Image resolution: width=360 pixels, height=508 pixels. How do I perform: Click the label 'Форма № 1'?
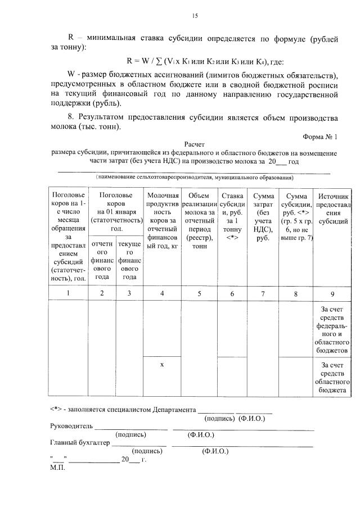(x=320, y=137)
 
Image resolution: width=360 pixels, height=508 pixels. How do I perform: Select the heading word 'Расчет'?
(x=194, y=144)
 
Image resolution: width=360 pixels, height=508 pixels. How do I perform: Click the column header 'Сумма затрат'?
(x=263, y=216)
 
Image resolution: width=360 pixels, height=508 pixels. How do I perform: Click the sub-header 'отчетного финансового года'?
(x=102, y=260)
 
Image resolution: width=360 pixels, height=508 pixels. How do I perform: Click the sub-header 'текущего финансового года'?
(x=130, y=260)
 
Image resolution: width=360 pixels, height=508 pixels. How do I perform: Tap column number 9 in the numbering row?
(x=334, y=293)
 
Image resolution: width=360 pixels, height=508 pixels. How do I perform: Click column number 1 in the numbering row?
(x=68, y=293)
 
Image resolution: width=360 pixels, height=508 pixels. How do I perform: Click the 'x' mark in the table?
(x=162, y=365)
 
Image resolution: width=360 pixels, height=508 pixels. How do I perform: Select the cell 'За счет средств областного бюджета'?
(x=334, y=377)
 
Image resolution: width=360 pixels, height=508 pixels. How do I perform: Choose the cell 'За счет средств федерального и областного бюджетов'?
(x=334, y=329)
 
